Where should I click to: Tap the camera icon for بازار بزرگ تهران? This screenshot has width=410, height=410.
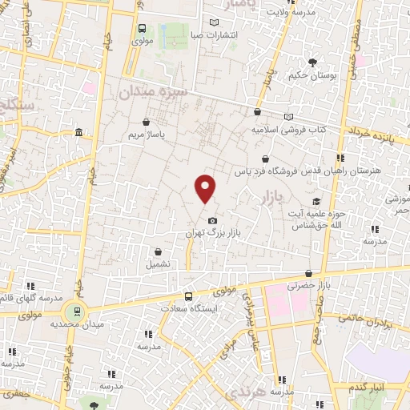click(x=211, y=220)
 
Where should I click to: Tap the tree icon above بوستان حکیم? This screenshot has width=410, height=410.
click(x=312, y=62)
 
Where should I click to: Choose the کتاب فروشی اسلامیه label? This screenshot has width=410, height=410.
click(x=292, y=128)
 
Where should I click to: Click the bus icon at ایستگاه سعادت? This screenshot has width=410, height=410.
click(x=188, y=295)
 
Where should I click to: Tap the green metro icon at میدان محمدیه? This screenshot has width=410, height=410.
click(x=76, y=311)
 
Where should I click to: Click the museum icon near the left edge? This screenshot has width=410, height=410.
click(x=77, y=132)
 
